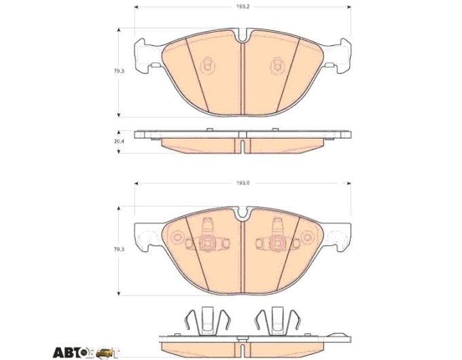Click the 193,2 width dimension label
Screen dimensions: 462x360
click(x=243, y=7)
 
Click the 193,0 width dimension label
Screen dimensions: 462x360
click(x=243, y=183)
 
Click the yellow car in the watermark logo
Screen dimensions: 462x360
click(x=104, y=352)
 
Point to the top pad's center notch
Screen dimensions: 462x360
click(x=243, y=35)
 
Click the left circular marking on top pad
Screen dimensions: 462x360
click(x=207, y=65)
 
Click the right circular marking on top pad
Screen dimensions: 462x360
click(x=278, y=65)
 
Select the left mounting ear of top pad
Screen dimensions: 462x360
click(x=147, y=56)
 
